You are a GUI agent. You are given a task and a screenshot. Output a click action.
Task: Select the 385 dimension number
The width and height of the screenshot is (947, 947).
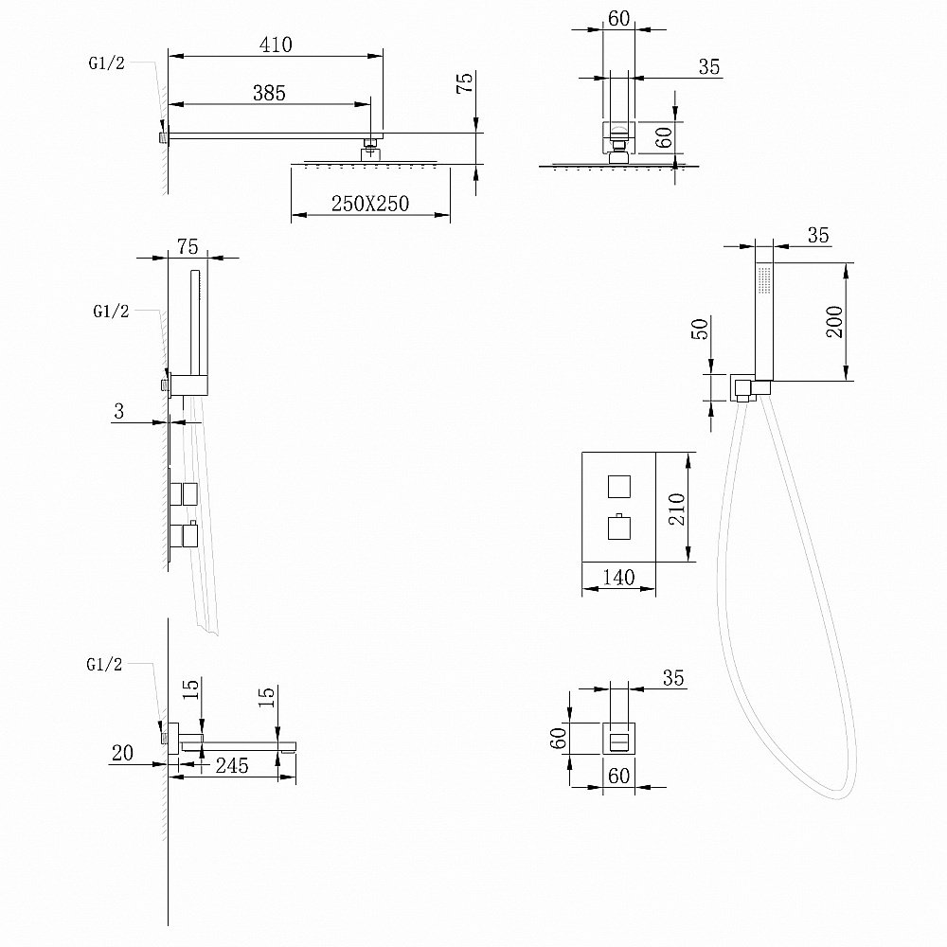[x=269, y=92]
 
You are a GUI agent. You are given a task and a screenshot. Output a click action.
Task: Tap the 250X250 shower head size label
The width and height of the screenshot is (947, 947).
[x=369, y=204]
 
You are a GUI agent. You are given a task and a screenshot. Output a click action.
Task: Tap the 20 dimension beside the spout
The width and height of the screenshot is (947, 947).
[x=122, y=754]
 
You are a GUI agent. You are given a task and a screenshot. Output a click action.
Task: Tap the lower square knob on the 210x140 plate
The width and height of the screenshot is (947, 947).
[x=617, y=526]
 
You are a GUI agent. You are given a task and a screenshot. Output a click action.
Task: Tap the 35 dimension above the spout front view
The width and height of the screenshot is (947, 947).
[x=673, y=678]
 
